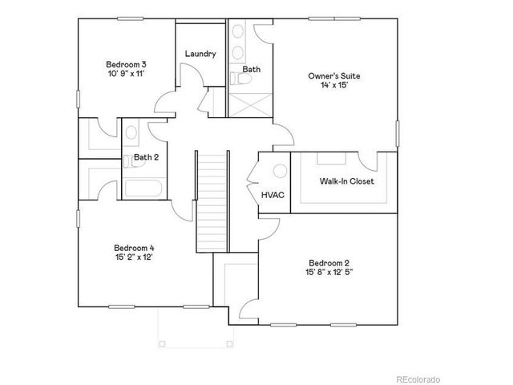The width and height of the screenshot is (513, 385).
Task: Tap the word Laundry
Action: pyautogui.click(x=200, y=54)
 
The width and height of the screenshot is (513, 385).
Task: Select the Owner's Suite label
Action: pyautogui.click(x=334, y=76)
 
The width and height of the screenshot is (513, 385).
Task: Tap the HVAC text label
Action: pyautogui.click(x=272, y=194)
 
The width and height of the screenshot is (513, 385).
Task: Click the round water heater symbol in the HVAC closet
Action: pyautogui.click(x=279, y=172)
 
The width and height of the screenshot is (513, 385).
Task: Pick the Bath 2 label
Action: pyautogui.click(x=146, y=157)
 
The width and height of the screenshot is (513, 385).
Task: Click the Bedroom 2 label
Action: pyautogui.click(x=329, y=263)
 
